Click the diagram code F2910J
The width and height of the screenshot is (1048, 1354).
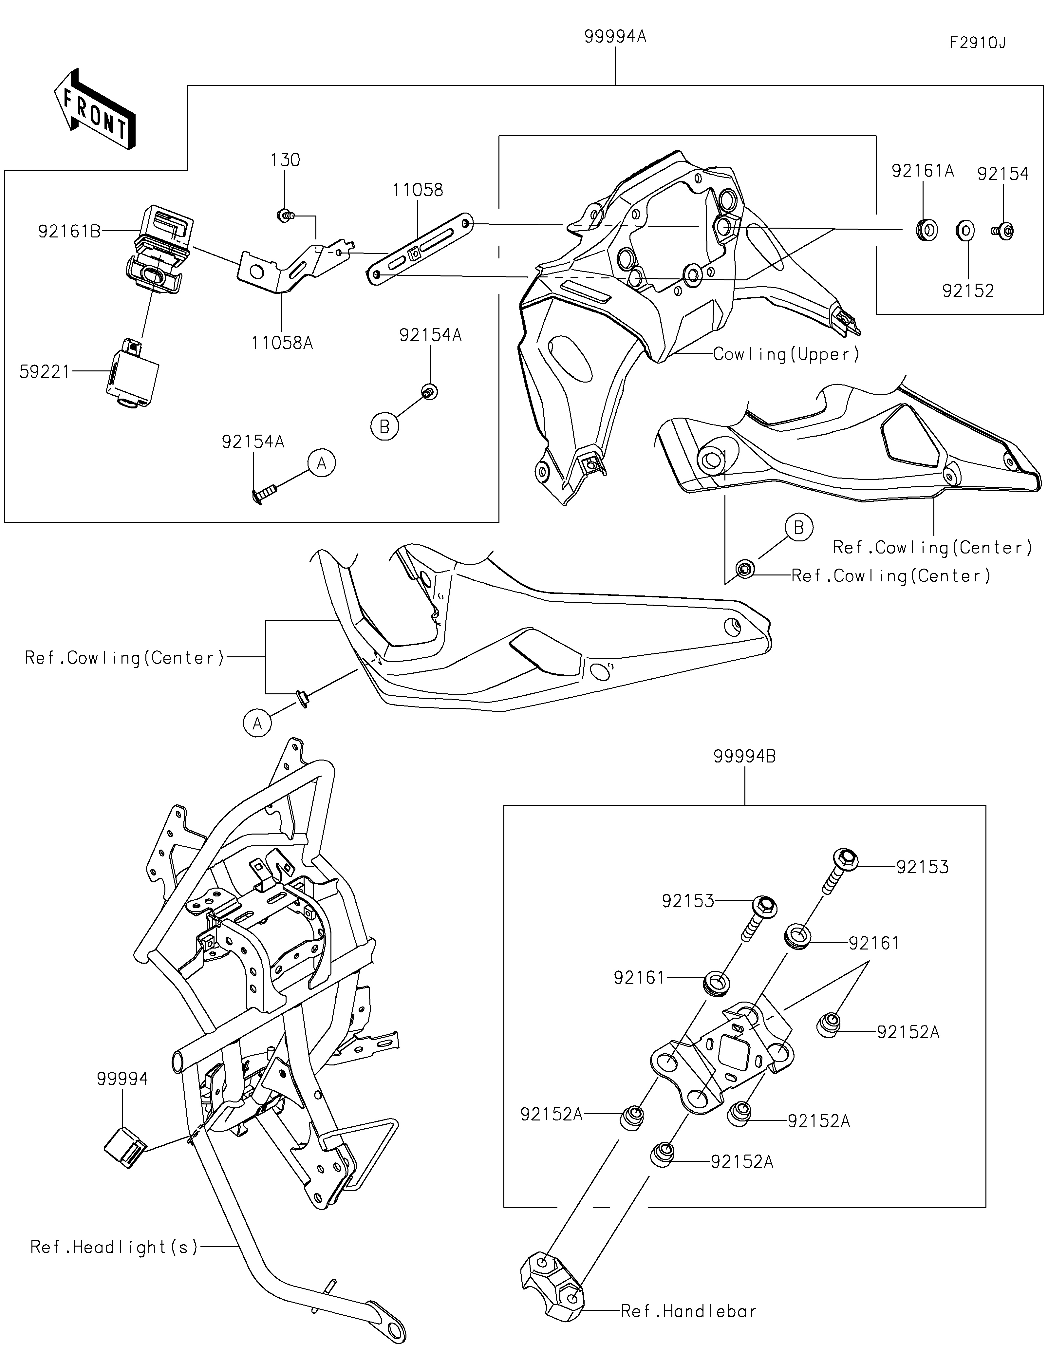(x=977, y=43)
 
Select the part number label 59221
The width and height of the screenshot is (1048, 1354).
(x=45, y=372)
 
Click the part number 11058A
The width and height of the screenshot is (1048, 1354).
(x=282, y=342)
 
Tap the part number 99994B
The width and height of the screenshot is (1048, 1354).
(x=744, y=756)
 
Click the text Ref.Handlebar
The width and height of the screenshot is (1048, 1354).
(x=688, y=1311)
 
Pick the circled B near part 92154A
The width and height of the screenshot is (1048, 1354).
(x=384, y=426)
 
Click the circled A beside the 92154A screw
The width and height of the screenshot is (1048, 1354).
(x=322, y=463)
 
